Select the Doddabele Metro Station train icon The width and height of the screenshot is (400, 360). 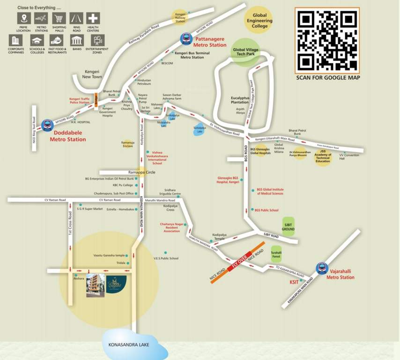(47, 125)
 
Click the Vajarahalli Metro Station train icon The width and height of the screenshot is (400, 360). (322, 268)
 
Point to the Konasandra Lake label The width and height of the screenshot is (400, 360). (128, 345)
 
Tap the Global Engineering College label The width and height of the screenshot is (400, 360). (260, 21)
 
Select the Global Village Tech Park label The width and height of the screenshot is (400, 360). (245, 52)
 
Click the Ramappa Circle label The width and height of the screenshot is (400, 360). (139, 172)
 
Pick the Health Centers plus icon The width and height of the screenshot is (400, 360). (93, 18)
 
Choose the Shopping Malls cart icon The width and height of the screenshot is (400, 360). (59, 18)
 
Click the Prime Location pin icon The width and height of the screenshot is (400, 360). (24, 18)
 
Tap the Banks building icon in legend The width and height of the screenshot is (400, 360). (76, 40)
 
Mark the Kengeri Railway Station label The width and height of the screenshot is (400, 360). (180, 18)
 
